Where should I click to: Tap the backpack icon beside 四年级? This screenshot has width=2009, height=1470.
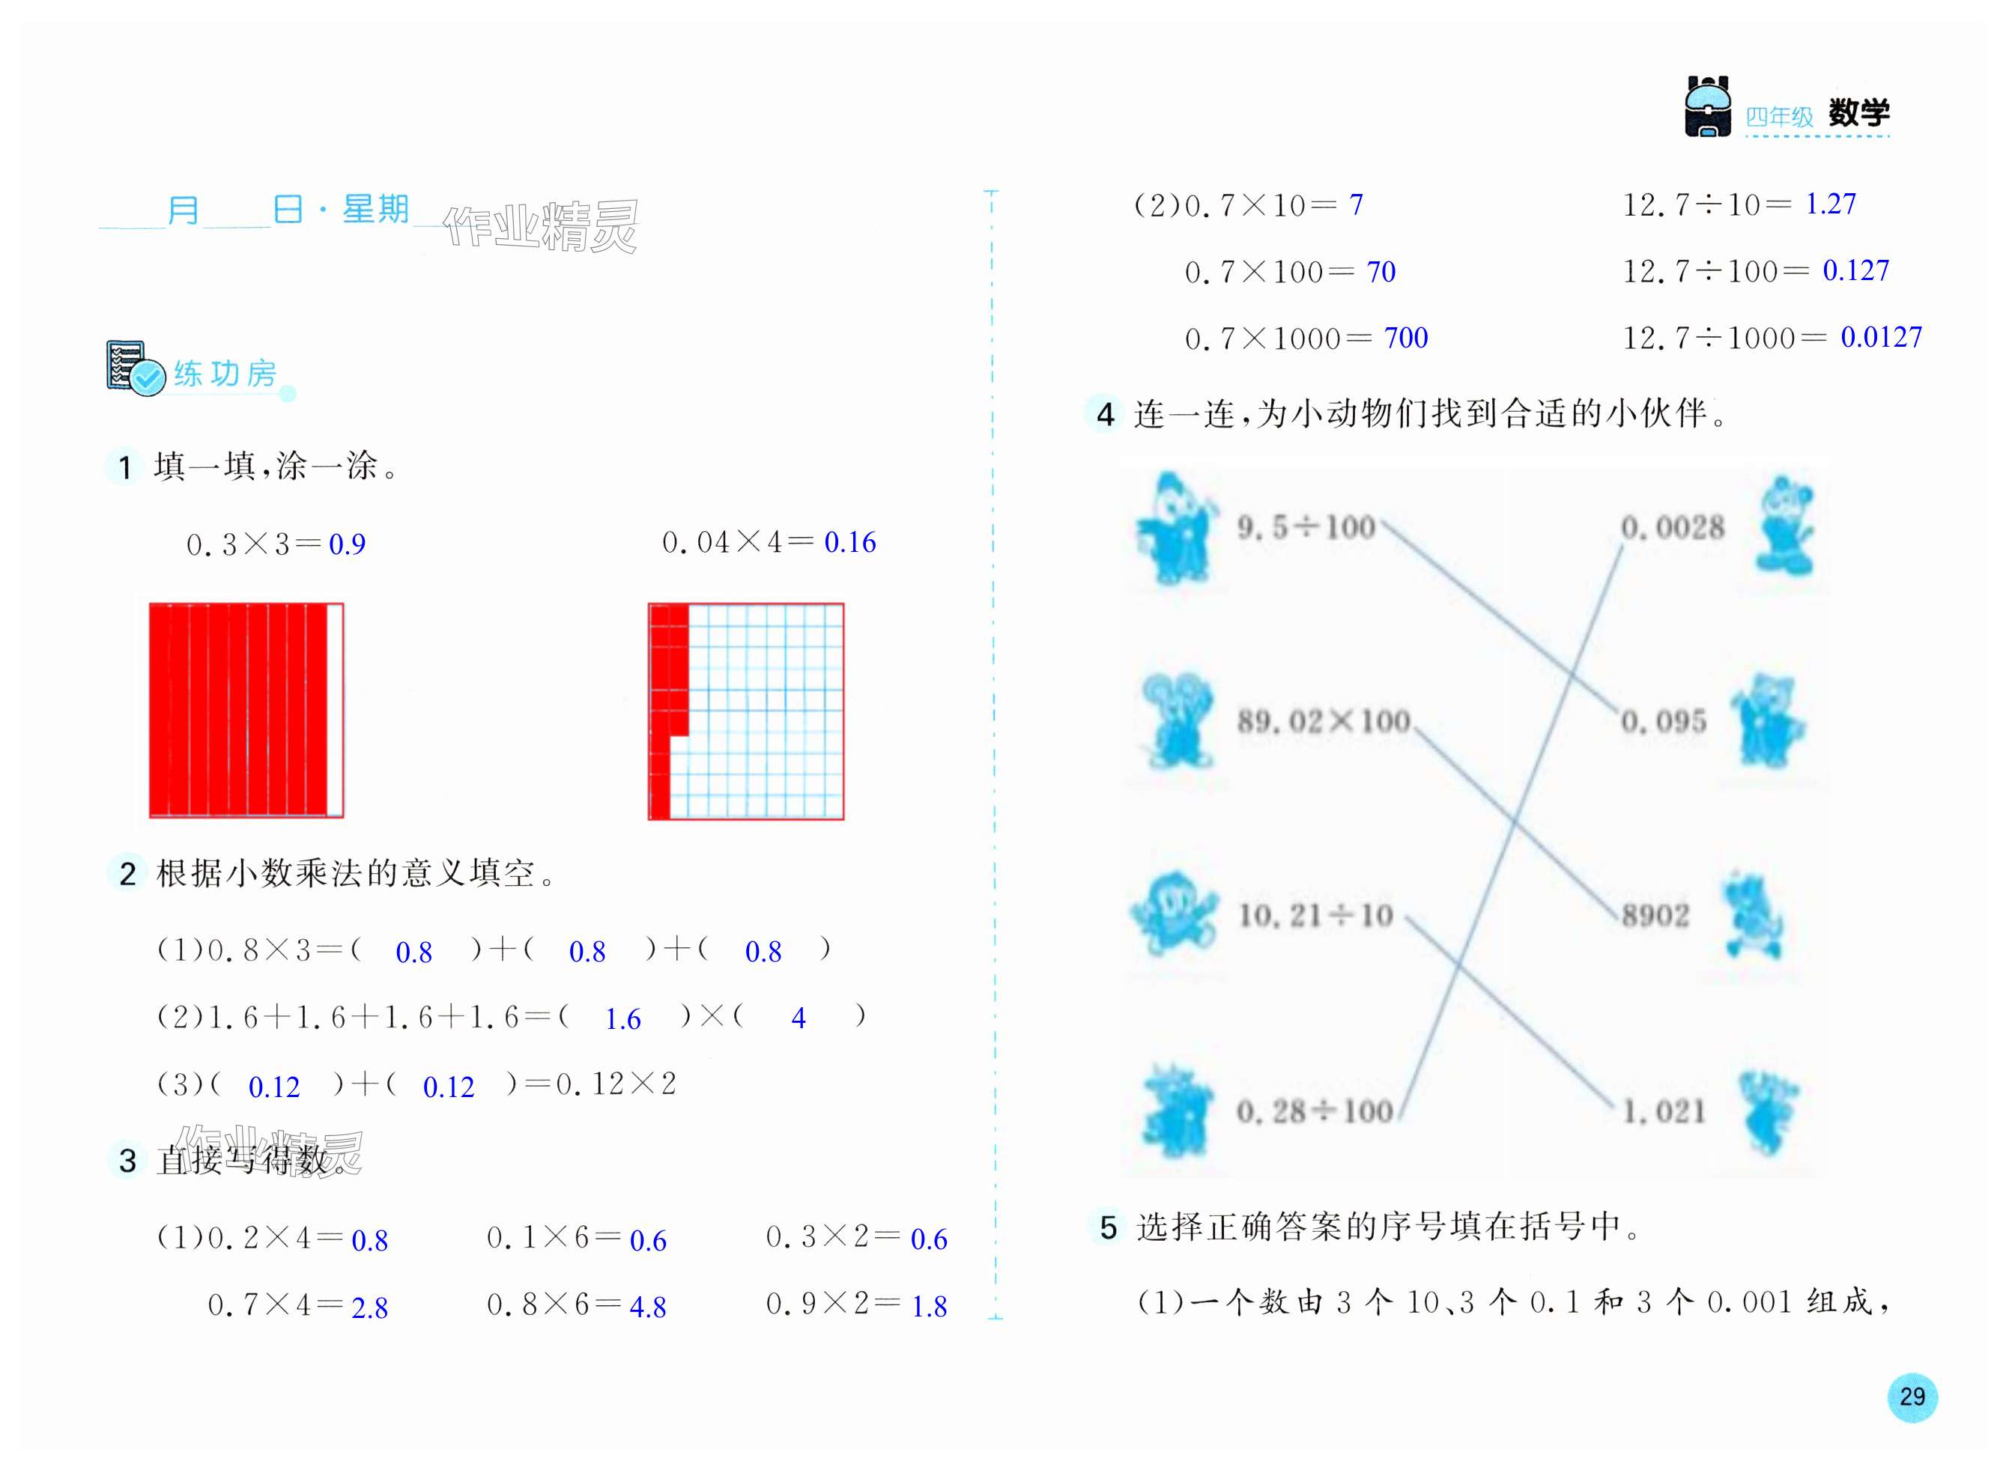(1706, 108)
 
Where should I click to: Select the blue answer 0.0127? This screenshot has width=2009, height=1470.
(1880, 337)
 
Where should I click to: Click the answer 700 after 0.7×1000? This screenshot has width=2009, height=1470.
(1405, 338)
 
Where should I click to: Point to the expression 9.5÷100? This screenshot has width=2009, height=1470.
(1306, 528)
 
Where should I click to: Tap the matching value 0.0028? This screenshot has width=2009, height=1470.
(1672, 528)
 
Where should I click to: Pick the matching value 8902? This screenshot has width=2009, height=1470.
(1655, 915)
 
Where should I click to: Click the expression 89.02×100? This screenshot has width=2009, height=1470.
(1323, 720)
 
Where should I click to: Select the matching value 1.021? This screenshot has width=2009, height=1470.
(1663, 1111)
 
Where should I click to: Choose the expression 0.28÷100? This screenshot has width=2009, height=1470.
(1314, 1111)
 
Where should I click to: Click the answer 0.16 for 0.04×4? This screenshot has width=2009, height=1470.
(849, 542)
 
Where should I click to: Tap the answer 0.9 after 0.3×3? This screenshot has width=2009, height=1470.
(347, 544)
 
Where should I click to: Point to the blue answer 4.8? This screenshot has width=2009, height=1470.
(647, 1306)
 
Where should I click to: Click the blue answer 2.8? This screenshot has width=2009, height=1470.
(369, 1307)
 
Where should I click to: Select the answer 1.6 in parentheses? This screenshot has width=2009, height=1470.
(622, 1019)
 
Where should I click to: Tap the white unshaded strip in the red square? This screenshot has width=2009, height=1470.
(335, 710)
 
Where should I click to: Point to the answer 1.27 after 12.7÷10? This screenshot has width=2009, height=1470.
(1830, 204)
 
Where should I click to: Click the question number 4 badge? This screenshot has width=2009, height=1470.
(1105, 415)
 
